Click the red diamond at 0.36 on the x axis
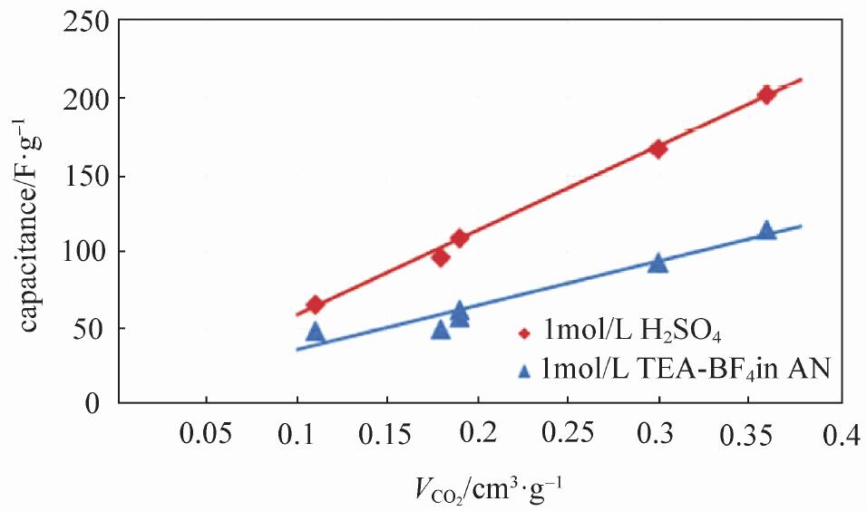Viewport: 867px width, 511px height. click(766, 95)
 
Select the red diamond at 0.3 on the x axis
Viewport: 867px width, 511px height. click(658, 149)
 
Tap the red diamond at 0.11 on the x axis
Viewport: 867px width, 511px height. click(315, 304)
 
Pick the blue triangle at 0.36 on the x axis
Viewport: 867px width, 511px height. click(766, 231)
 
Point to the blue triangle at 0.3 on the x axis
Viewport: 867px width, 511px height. click(658, 264)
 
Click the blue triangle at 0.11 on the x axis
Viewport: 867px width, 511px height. click(315, 333)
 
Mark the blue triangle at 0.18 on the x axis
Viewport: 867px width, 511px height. click(441, 330)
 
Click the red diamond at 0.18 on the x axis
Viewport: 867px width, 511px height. click(441, 257)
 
